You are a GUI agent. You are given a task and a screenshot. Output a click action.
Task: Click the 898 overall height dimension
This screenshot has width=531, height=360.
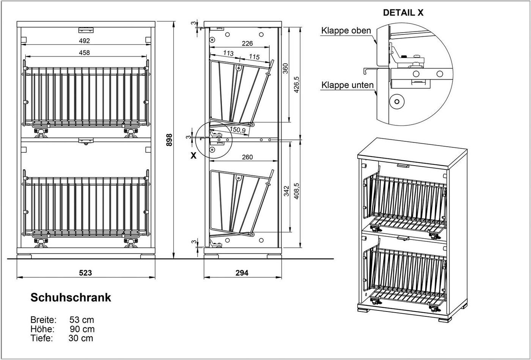point(169,140)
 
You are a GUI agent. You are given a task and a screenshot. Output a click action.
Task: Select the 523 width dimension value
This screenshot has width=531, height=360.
point(85,273)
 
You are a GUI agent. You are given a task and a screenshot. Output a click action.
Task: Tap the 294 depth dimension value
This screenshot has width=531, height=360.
point(242,273)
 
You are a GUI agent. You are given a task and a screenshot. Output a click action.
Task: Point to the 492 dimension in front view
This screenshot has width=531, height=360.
point(84,41)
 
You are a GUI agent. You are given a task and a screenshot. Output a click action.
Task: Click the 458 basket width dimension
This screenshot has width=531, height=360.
point(84,52)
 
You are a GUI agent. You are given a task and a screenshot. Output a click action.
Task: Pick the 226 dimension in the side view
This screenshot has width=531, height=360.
point(247,43)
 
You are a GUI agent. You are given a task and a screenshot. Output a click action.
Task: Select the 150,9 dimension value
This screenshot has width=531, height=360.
point(238,130)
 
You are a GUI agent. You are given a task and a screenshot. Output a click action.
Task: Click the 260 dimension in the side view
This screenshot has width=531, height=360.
point(247,157)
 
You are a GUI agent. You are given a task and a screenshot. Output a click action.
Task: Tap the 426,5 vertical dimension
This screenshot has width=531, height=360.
point(297,85)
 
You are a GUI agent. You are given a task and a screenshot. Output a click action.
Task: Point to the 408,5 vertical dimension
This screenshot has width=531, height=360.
point(297,191)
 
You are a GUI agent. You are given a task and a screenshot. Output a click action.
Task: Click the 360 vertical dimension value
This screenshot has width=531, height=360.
point(285,68)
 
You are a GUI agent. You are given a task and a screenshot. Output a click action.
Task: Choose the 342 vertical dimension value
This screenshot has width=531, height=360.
point(287,191)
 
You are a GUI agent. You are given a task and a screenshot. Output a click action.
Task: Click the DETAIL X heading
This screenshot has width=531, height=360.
point(403,13)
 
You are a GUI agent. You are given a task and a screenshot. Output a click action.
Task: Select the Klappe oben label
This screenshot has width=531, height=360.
point(346,31)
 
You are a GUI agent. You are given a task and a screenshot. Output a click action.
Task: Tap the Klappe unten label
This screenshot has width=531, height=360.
point(347,85)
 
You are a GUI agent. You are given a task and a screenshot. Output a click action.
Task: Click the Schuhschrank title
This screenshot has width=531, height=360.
point(71,297)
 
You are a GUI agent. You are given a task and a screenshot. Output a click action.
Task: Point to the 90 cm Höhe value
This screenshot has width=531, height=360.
point(82,329)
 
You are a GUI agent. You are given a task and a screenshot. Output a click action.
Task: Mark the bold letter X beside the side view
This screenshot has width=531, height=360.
point(194,156)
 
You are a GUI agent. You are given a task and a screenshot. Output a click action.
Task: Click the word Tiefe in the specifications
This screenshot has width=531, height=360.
point(41,338)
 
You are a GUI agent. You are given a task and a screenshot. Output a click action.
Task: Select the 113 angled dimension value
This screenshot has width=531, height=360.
point(228,53)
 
